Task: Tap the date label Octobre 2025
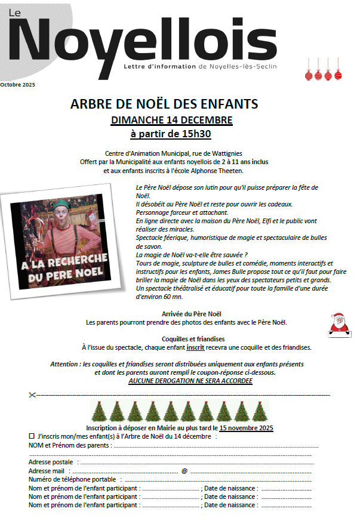tap(18, 85)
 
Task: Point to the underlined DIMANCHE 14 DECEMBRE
tap(172, 120)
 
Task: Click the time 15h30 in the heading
tap(195, 134)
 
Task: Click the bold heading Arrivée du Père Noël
tap(186, 313)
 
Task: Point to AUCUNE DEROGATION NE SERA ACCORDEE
tap(190, 381)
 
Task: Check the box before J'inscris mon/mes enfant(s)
tap(32, 436)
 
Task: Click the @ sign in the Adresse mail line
tap(184, 471)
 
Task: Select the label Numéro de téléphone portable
tap(72, 479)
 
